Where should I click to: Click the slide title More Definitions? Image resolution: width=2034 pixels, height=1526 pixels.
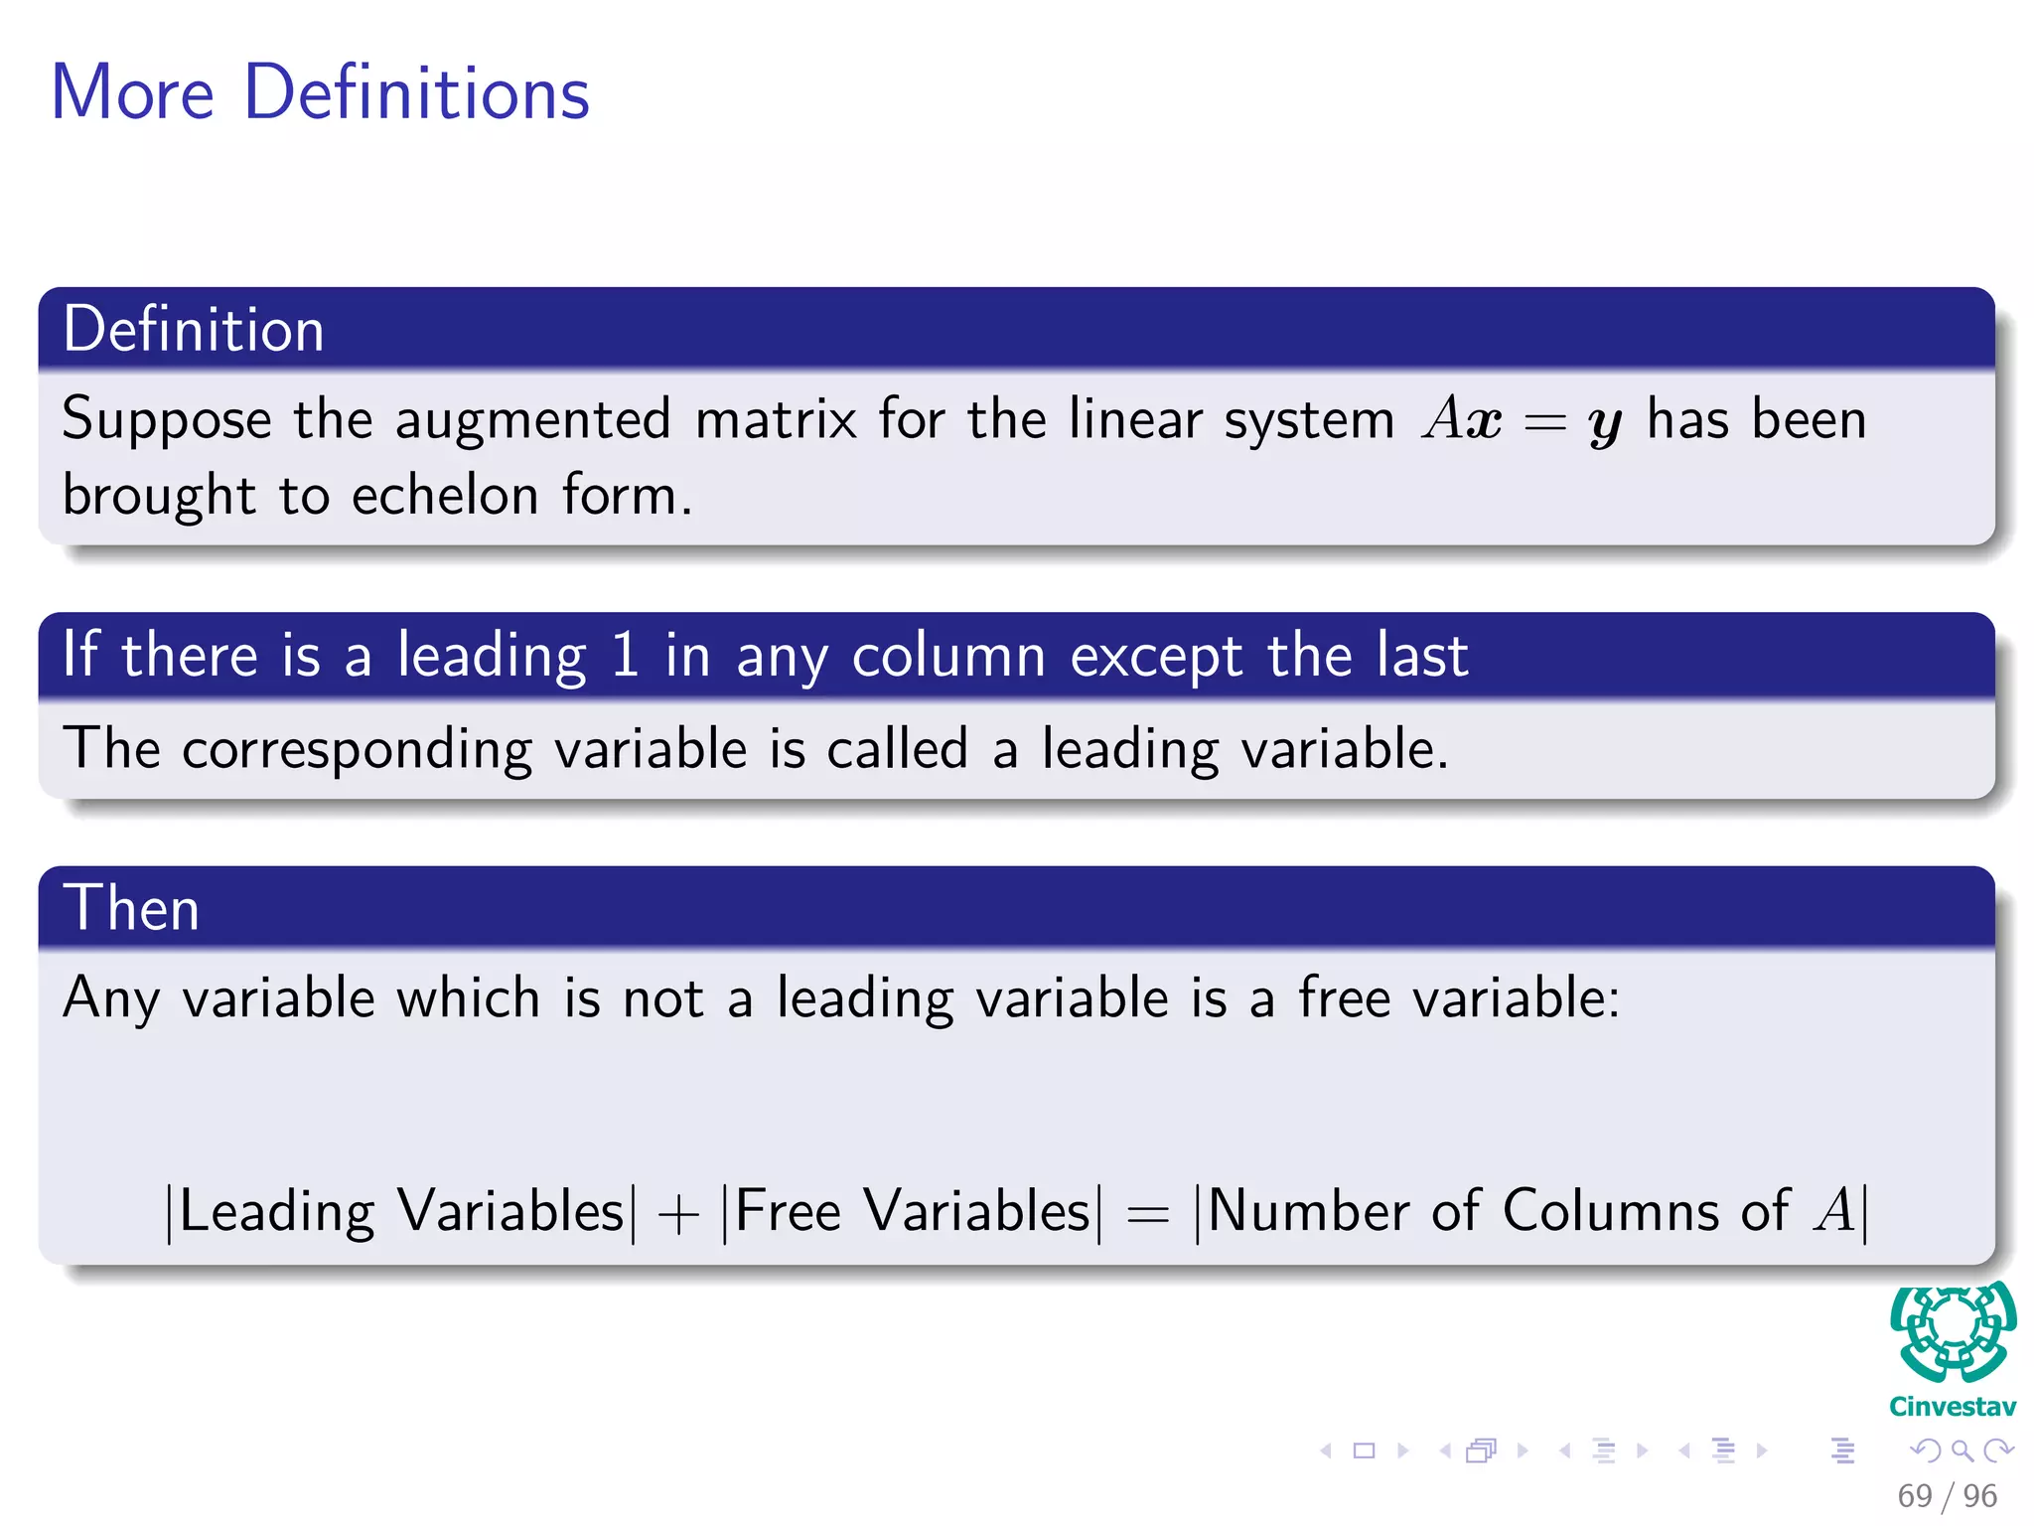coord(320,92)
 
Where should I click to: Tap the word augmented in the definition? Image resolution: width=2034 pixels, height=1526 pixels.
coord(533,419)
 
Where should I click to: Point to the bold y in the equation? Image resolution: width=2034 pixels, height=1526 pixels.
coord(1604,423)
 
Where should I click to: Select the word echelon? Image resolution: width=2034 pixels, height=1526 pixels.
coord(445,495)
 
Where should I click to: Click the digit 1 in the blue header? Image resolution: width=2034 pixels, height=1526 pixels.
coord(625,656)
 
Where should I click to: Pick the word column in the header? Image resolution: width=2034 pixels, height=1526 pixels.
coord(948,656)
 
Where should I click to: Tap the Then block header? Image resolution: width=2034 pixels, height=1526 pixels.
coord(132,908)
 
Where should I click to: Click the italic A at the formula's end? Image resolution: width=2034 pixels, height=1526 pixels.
coord(1833,1212)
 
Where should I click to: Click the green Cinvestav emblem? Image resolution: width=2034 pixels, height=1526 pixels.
coord(1953,1331)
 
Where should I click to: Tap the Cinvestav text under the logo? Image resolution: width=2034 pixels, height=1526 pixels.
coord(1953,1407)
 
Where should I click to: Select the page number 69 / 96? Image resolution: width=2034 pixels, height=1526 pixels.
coord(1947,1495)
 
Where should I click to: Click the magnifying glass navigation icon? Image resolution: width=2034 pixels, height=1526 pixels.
coord(1961,1450)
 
